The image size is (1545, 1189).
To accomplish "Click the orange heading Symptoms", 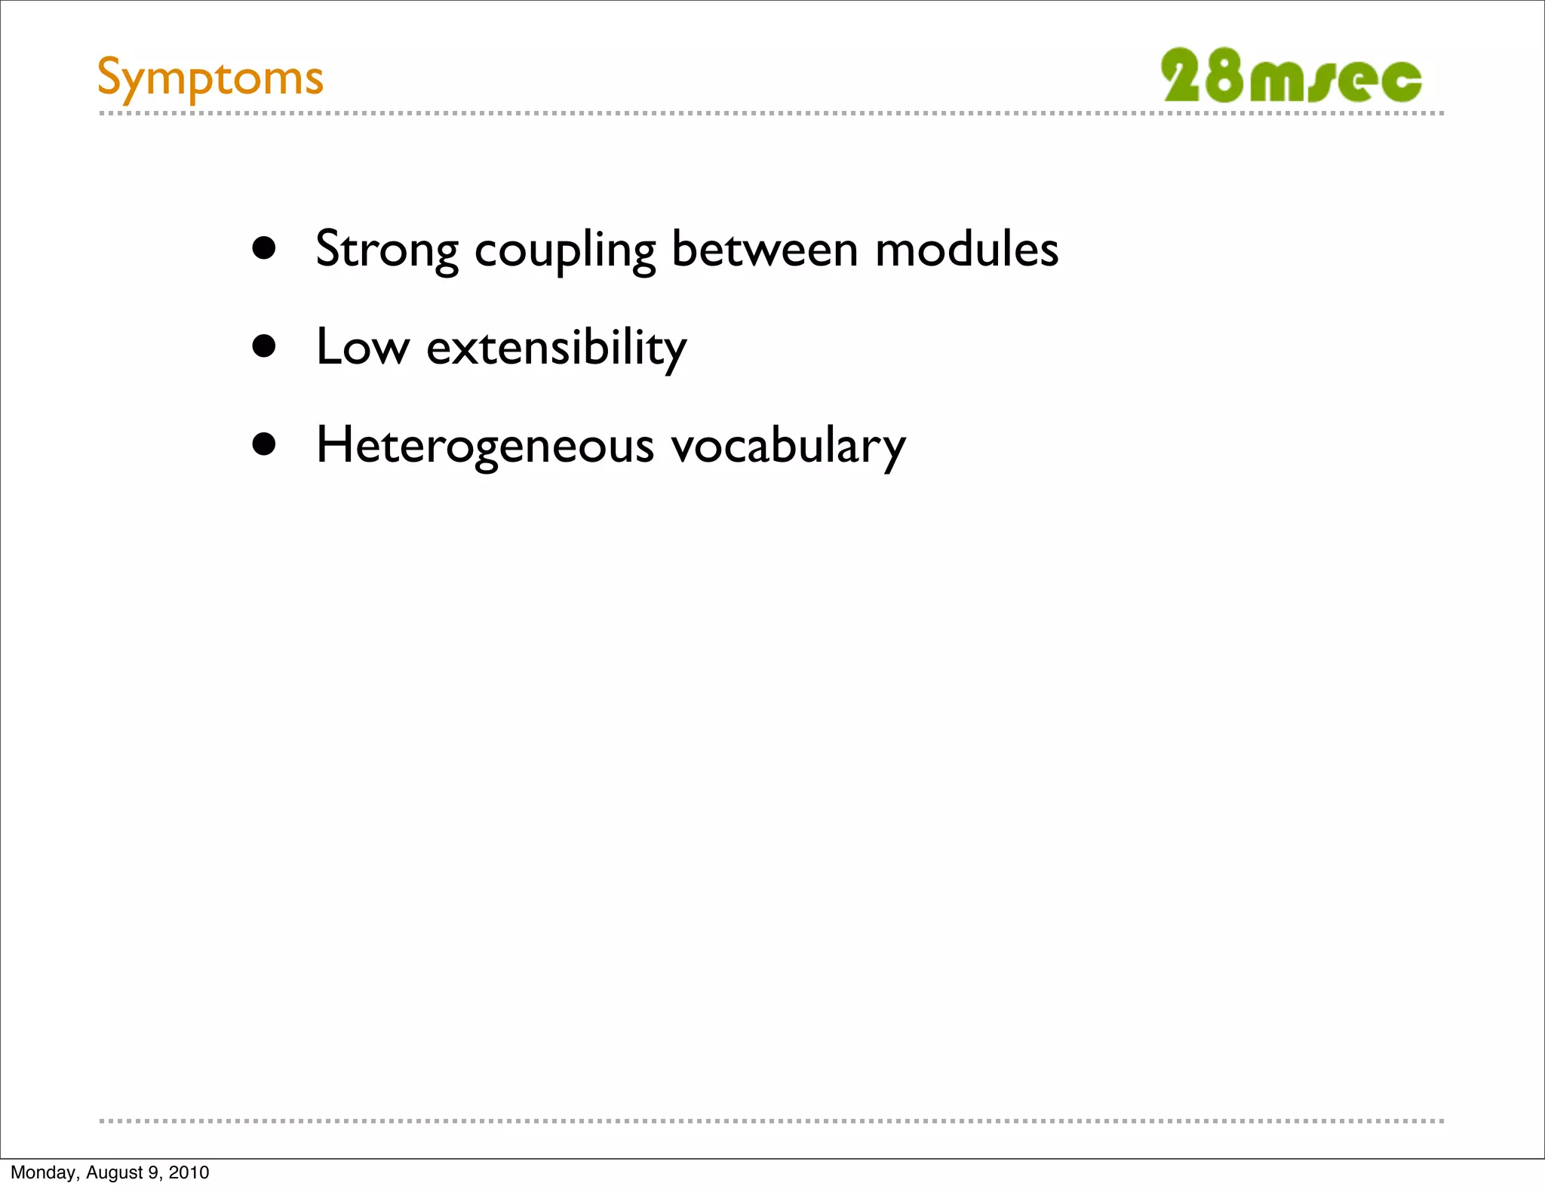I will click(x=210, y=78).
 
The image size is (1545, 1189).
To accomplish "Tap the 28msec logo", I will click(x=1291, y=76).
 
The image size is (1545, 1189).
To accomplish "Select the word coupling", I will click(x=565, y=250).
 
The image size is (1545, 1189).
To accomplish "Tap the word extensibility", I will click(x=557, y=348).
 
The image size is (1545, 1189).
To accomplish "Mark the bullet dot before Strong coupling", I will click(x=264, y=248).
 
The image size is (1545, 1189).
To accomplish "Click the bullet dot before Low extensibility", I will click(x=264, y=346).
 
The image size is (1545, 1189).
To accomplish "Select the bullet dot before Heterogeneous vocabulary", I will click(x=264, y=444).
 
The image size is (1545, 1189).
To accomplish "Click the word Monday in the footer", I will click(x=43, y=1172).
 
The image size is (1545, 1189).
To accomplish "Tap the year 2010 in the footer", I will click(x=189, y=1172).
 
